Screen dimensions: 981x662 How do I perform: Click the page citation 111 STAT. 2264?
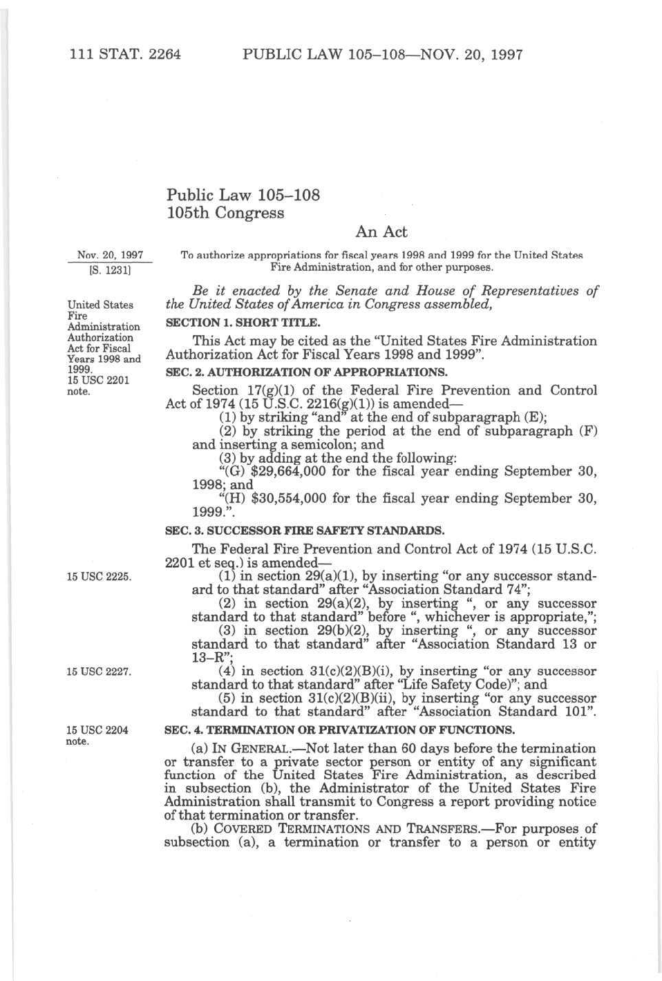click(x=125, y=55)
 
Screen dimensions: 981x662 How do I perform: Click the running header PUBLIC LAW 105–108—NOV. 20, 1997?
click(x=382, y=55)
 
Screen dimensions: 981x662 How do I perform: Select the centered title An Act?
click(x=381, y=232)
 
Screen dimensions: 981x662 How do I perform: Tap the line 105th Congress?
click(x=225, y=213)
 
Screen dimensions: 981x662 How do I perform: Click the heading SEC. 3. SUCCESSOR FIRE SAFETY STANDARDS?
click(x=304, y=531)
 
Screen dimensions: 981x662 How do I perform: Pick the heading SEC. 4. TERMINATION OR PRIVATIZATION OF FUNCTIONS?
click(x=339, y=730)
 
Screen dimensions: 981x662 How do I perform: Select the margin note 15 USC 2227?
click(x=99, y=672)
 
